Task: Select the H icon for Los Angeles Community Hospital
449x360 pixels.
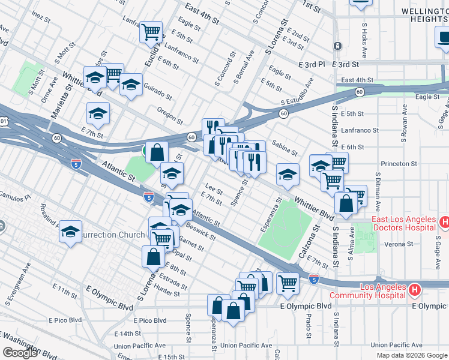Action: (x=414, y=291)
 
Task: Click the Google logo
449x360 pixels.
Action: (x=19, y=353)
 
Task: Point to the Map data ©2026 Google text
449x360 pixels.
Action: (x=412, y=355)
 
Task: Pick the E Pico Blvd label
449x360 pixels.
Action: (x=150, y=321)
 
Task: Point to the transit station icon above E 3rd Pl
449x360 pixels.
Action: (x=338, y=46)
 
